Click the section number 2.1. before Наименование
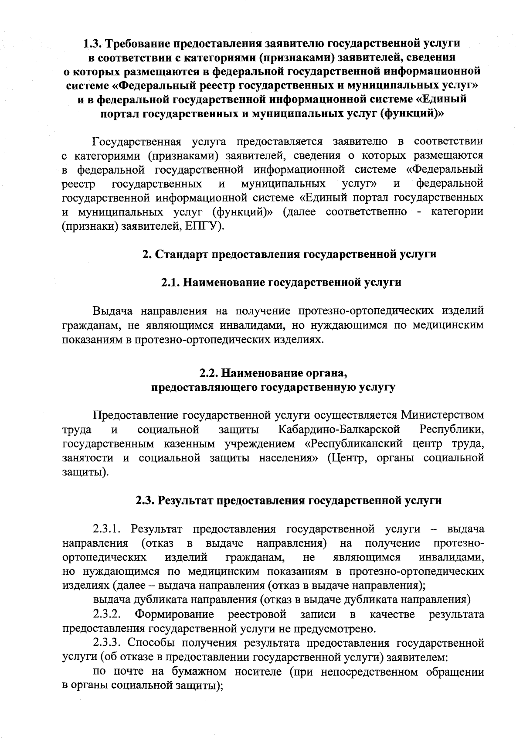pos(170,283)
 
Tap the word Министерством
pos(442,415)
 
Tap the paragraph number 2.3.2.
pos(106,614)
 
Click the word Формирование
pos(174,614)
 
